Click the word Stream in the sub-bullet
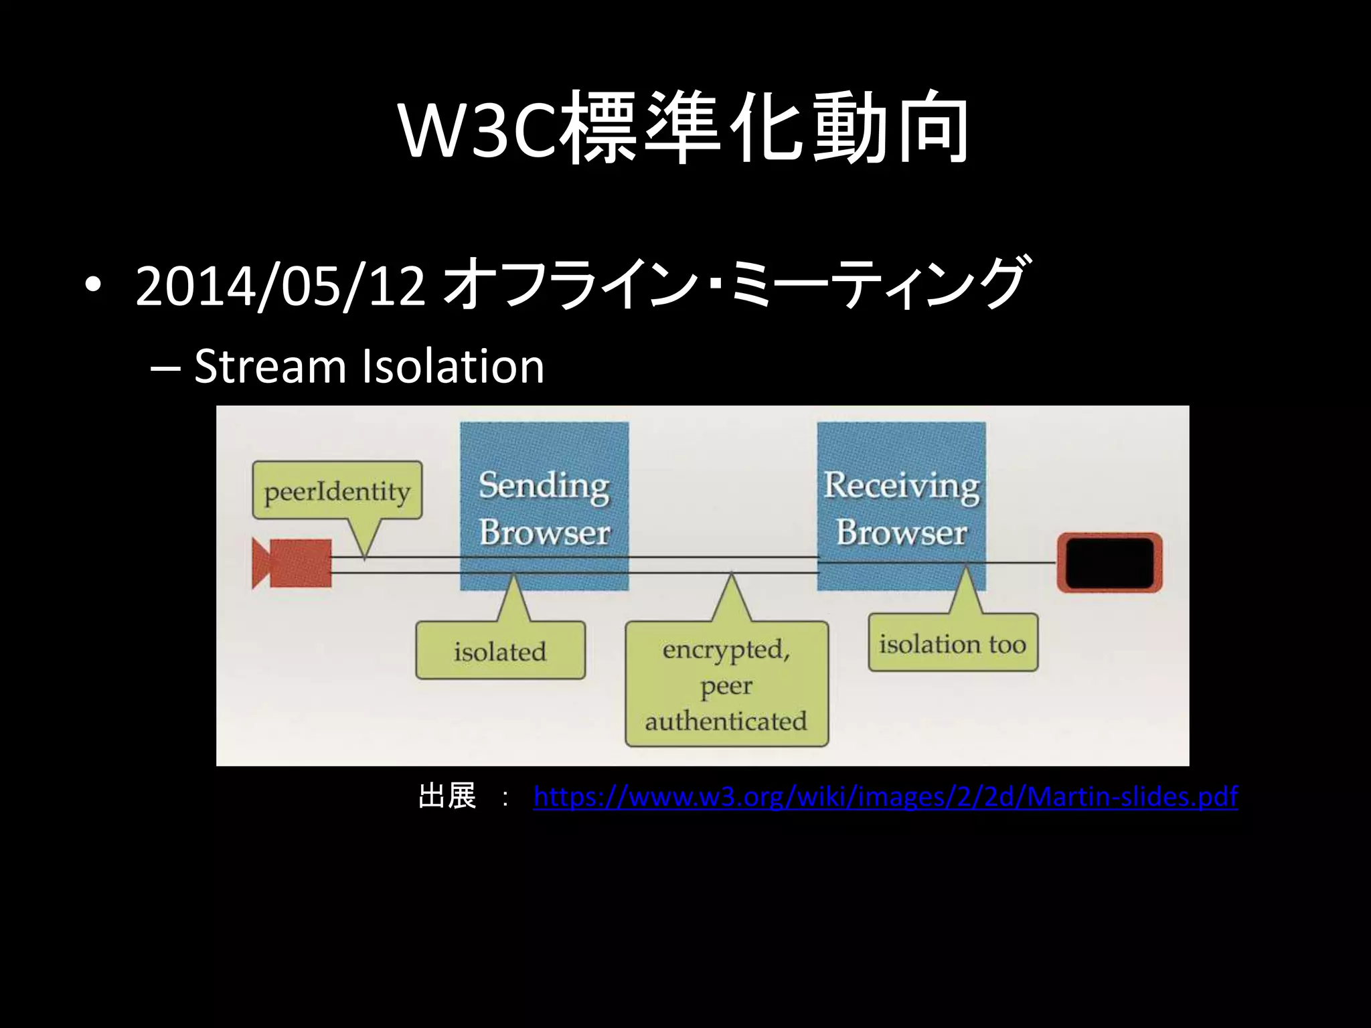coord(270,366)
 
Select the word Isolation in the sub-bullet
coord(453,366)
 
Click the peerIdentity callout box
coord(337,491)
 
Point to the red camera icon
coord(292,564)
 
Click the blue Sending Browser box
coord(544,506)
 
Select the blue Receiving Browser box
coord(901,506)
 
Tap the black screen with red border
coord(1109,563)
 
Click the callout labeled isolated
coord(500,651)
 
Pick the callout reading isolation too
coord(953,643)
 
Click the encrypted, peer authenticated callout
coord(726,685)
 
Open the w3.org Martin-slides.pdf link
coord(885,796)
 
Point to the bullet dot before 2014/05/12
coord(93,286)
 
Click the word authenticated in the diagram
coord(726,721)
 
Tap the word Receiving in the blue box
coord(901,485)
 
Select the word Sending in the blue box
coord(544,485)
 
